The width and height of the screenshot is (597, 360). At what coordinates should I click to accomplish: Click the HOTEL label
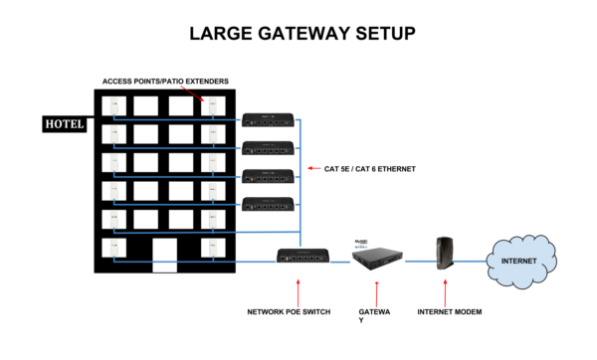(x=64, y=124)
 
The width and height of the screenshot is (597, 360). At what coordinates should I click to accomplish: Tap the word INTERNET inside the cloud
(x=518, y=261)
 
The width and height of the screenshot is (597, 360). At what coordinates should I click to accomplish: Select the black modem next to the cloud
(x=445, y=253)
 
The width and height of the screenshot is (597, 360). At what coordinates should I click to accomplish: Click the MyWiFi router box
(x=377, y=254)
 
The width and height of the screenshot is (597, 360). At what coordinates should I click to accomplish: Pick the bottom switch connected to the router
(x=302, y=256)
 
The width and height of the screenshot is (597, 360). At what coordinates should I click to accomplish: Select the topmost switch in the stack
(x=268, y=120)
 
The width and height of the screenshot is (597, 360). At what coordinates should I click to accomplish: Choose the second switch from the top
(x=268, y=148)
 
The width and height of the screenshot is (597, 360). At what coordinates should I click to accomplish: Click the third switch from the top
(x=268, y=177)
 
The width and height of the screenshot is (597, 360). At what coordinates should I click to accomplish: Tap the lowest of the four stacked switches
(x=268, y=205)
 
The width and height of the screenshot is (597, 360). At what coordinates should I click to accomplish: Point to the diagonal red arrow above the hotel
(x=191, y=92)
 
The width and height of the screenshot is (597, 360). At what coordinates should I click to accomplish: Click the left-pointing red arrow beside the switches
(x=313, y=168)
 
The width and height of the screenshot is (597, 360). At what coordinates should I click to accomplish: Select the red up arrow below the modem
(x=445, y=292)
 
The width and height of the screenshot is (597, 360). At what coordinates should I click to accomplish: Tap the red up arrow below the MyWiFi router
(x=376, y=294)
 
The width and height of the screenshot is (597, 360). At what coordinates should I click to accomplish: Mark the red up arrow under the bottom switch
(x=298, y=292)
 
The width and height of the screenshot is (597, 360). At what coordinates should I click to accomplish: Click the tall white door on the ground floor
(x=164, y=255)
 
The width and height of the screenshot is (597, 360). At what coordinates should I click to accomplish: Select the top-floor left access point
(x=113, y=106)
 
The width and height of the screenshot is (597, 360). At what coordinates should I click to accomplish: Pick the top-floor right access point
(x=213, y=106)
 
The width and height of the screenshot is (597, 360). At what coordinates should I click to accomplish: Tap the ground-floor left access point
(x=113, y=248)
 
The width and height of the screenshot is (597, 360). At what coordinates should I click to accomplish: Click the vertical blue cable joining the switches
(x=299, y=179)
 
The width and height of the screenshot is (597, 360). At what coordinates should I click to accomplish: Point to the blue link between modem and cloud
(x=475, y=262)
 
